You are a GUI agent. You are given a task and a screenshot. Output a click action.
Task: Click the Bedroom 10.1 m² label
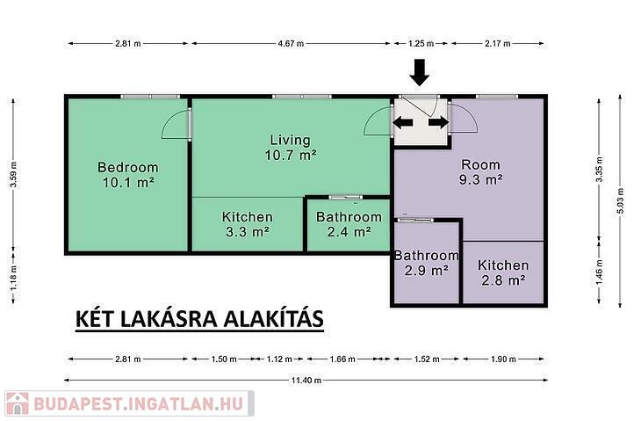point(128,175)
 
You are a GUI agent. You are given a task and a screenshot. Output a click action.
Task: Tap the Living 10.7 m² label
point(291,148)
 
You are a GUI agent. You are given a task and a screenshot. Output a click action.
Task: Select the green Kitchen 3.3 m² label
point(248,224)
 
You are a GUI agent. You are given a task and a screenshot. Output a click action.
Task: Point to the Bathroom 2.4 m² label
point(349,224)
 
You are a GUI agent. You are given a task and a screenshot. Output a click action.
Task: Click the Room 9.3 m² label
point(480,172)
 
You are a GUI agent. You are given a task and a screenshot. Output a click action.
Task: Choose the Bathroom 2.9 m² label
point(426,263)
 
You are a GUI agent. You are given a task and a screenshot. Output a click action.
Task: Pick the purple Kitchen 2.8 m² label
point(503,272)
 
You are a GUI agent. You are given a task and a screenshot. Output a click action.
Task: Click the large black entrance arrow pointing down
point(420,72)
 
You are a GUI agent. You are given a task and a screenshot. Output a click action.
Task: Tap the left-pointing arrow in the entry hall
point(403,122)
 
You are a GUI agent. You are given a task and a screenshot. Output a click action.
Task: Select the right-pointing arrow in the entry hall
point(439,122)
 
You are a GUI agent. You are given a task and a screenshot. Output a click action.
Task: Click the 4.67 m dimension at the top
point(291,43)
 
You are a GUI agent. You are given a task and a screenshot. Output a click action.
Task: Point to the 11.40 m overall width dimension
point(306,380)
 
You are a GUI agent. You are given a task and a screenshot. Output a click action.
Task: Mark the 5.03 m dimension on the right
point(620,200)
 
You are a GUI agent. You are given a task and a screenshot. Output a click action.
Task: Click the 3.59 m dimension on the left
point(13,174)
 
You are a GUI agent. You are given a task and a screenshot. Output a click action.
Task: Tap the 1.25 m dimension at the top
point(421,43)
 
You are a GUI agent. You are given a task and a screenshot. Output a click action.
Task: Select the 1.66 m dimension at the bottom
point(342,359)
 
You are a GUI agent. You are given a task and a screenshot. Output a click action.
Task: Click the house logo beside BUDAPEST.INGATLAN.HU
point(18,403)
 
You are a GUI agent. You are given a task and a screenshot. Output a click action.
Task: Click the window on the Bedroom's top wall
point(150,97)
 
